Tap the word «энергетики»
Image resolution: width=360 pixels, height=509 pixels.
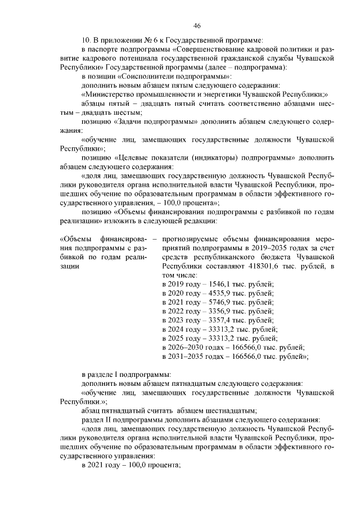click(223, 94)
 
